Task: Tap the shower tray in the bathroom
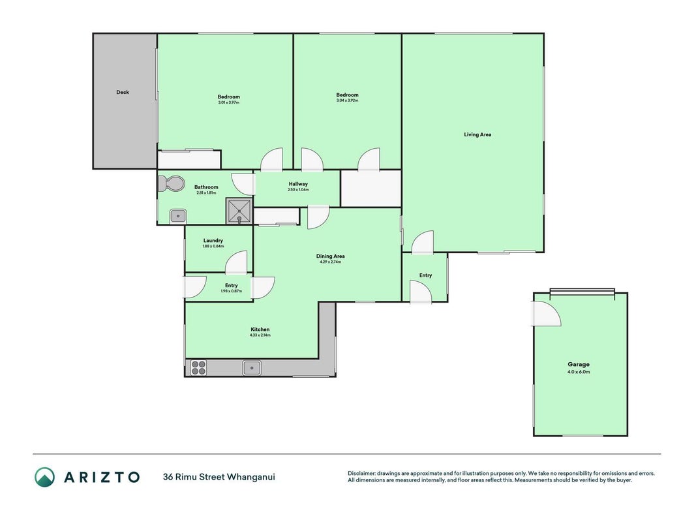pos(239,211)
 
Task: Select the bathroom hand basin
pos(178,216)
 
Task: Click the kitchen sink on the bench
pos(252,368)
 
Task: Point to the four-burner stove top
pos(198,367)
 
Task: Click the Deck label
pos(123,92)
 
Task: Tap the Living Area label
pos(477,134)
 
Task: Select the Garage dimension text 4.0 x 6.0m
pos(579,372)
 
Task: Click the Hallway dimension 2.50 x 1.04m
pos(298,189)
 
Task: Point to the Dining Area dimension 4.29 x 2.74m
pos(330,262)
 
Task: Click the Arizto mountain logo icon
pos(45,477)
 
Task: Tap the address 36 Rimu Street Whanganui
pos(219,477)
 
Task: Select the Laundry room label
pos(213,241)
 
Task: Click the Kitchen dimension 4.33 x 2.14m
pos(260,335)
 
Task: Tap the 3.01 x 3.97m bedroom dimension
pos(228,102)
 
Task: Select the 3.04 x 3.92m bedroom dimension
pos(347,100)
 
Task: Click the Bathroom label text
pos(206,187)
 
